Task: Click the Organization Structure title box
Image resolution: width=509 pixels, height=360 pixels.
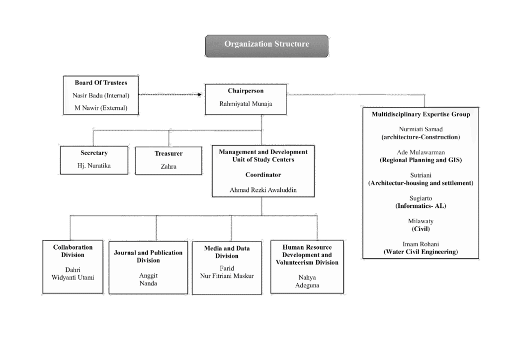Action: (266, 45)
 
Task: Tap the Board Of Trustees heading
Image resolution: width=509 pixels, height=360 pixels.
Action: (101, 83)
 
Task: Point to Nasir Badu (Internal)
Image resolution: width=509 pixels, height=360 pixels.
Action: (101, 95)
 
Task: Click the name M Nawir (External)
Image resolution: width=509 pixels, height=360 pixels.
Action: (101, 107)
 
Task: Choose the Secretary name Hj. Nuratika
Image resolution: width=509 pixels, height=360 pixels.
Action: (94, 166)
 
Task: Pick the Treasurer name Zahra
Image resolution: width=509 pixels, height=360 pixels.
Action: (169, 167)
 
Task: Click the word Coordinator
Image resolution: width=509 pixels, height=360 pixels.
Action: (263, 175)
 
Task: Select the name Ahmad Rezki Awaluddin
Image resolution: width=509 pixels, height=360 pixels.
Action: (263, 189)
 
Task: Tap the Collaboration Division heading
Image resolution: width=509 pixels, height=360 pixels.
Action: (73, 251)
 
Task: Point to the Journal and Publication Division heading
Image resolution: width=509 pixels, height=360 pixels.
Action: (148, 256)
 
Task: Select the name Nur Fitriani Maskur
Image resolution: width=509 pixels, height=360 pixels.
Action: (227, 276)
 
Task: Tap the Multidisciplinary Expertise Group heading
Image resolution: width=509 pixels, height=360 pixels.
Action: (421, 114)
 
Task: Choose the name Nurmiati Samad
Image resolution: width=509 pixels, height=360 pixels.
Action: (421, 129)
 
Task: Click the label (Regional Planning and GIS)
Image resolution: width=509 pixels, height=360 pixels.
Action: (421, 160)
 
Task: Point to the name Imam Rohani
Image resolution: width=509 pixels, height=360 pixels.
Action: (421, 244)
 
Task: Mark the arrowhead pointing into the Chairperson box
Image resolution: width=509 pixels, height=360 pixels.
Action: (201, 93)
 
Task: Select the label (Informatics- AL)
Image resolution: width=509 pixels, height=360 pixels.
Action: (421, 206)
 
